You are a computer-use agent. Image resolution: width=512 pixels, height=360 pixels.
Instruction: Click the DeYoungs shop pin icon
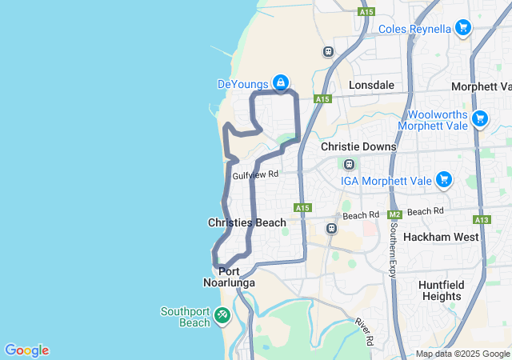coord(281,82)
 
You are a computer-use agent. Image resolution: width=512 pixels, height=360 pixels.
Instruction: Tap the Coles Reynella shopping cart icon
coord(462,28)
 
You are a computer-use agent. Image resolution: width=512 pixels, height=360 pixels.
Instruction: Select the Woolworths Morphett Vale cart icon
coord(479,118)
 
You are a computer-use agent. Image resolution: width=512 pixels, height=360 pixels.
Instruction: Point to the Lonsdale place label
coord(372,84)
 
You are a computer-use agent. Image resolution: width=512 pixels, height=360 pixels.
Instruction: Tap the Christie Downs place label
coord(358,147)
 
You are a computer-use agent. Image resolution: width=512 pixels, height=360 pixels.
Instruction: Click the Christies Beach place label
coord(246,222)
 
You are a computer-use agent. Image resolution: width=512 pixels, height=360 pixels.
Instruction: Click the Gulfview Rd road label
coord(255,174)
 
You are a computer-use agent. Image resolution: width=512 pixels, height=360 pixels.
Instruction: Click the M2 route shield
coord(394,214)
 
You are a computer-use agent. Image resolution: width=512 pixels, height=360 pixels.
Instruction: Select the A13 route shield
coord(481,219)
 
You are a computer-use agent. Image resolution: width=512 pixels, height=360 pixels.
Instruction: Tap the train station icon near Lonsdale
coord(328,52)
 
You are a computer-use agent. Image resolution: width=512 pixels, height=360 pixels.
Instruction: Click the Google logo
coord(26,350)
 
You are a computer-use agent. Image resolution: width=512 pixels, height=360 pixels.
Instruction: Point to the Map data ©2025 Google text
coord(462,354)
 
